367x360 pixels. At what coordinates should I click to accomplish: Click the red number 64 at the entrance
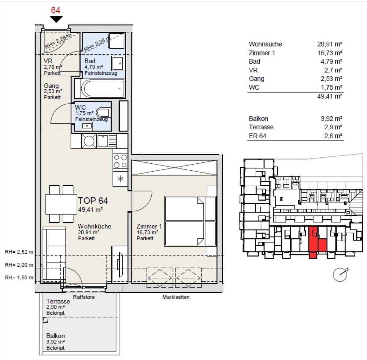(x=55, y=10)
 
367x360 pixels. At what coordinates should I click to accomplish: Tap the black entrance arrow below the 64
(x=56, y=20)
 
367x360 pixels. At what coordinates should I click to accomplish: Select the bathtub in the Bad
(x=100, y=88)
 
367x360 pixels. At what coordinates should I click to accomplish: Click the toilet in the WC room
(x=102, y=113)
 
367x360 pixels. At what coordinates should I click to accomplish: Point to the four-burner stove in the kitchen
(x=120, y=161)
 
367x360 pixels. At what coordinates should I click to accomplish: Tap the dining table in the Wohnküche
(x=61, y=204)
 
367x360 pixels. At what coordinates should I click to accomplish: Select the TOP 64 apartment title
(x=93, y=201)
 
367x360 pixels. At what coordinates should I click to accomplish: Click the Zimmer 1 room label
(x=149, y=226)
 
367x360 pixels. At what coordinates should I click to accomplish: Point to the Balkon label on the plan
(x=55, y=336)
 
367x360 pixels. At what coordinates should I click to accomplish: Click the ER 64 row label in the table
(x=258, y=136)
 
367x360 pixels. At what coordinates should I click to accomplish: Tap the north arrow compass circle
(x=340, y=274)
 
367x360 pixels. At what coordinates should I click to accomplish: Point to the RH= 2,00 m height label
(x=19, y=265)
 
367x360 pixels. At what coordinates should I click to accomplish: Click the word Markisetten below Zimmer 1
(x=176, y=297)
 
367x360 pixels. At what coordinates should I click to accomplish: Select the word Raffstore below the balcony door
(x=84, y=297)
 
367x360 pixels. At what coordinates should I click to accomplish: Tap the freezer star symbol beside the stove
(x=120, y=179)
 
